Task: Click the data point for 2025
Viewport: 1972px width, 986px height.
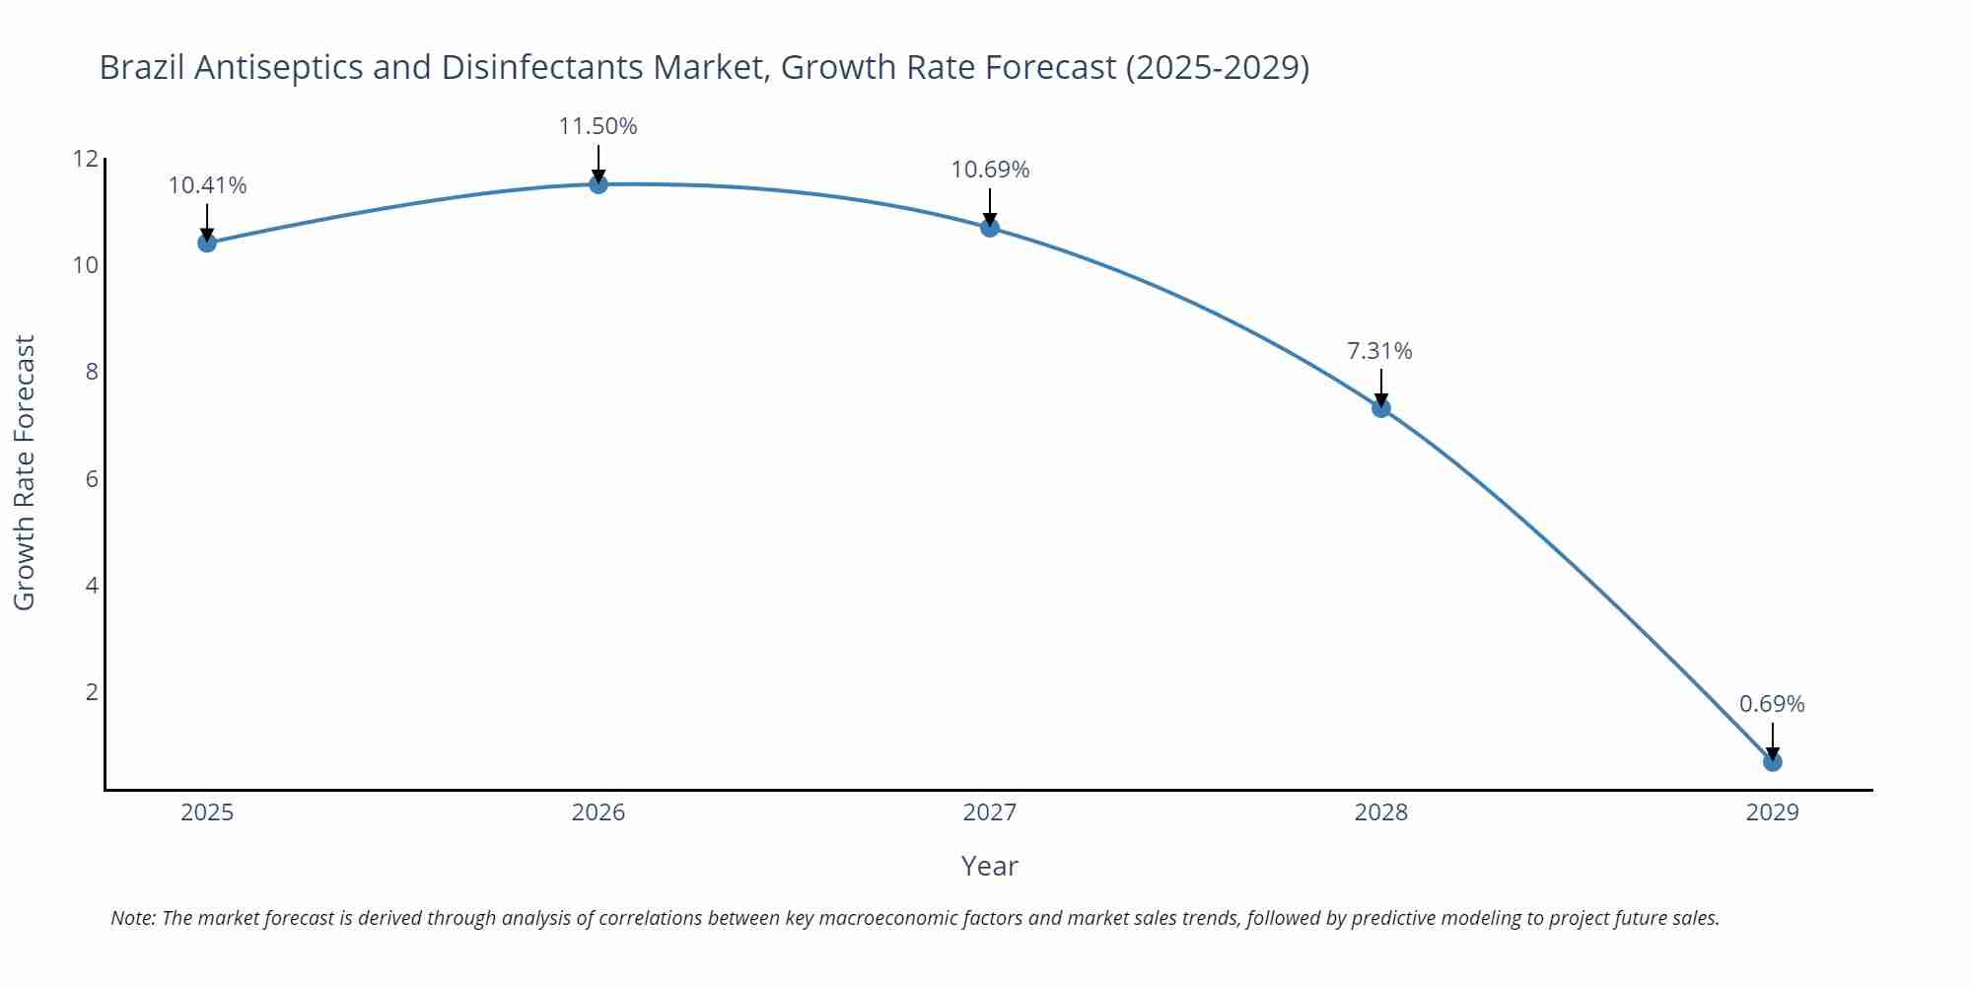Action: click(x=207, y=243)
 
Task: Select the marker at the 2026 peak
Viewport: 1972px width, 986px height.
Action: click(x=599, y=184)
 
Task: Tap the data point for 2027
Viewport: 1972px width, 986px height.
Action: click(x=990, y=228)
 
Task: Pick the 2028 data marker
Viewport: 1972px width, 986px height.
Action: click(x=1381, y=408)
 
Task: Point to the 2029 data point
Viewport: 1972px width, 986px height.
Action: click(x=1772, y=762)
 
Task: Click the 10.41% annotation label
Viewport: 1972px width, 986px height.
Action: click(x=207, y=185)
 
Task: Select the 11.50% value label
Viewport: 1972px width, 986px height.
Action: click(x=598, y=126)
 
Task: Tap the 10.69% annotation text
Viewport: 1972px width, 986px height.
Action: click(x=990, y=170)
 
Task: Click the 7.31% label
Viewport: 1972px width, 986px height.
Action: click(x=1379, y=351)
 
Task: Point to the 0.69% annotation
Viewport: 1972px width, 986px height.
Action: click(x=1771, y=704)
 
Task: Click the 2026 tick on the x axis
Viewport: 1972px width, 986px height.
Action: click(x=599, y=812)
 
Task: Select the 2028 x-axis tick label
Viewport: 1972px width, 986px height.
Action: click(x=1380, y=812)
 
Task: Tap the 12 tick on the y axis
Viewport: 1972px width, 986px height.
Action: click(x=86, y=159)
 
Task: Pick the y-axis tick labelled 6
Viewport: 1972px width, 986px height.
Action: click(x=92, y=479)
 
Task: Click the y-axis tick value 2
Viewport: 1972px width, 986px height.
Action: click(x=92, y=692)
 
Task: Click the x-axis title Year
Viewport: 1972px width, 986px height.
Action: click(x=989, y=866)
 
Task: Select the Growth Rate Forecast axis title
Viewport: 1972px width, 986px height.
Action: click(x=25, y=472)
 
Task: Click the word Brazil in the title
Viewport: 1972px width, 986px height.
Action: click(x=142, y=67)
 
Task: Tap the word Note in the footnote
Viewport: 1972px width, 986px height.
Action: click(x=132, y=918)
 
